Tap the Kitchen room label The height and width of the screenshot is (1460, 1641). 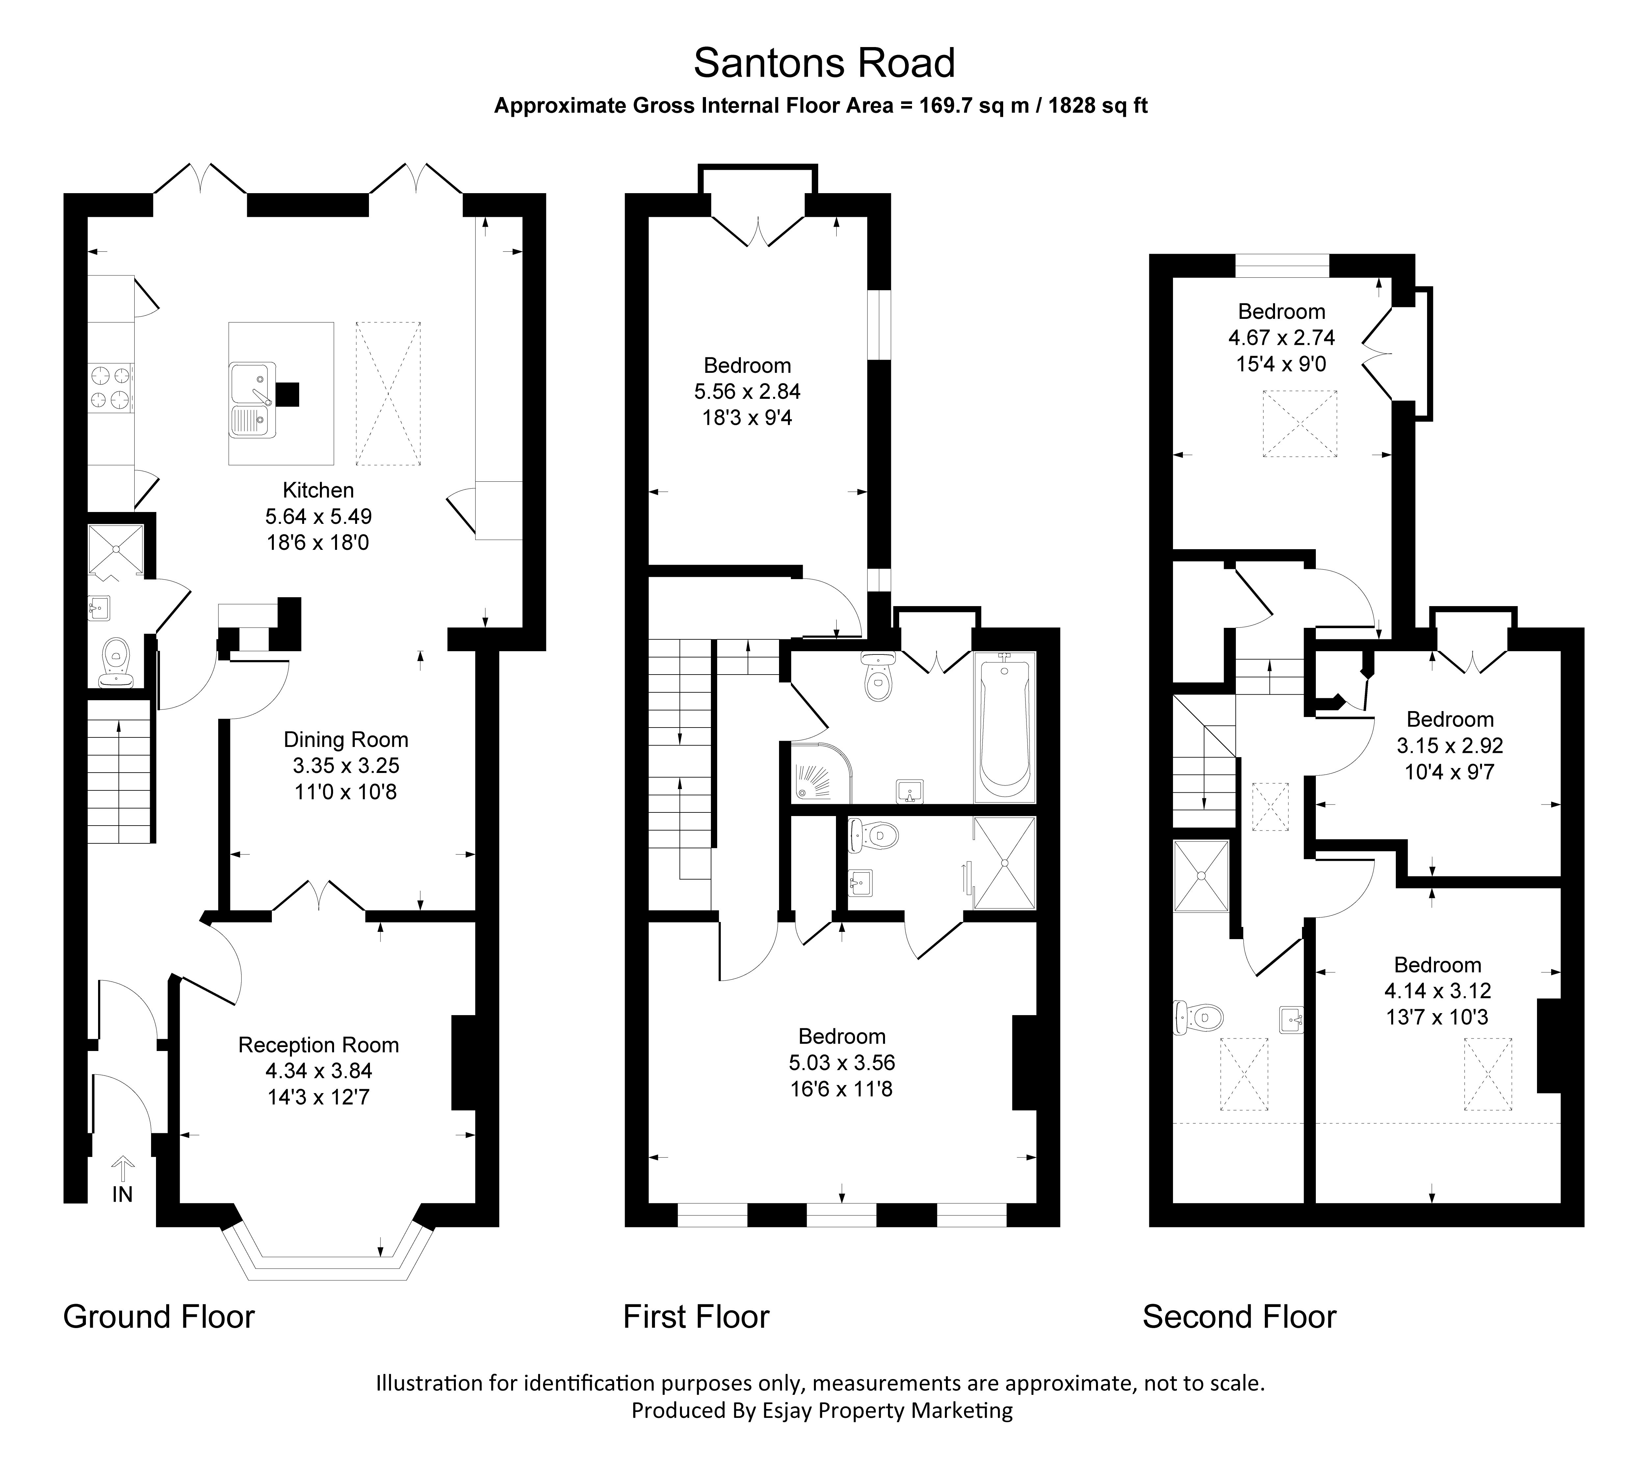click(318, 490)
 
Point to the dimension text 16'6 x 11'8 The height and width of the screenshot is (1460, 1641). click(841, 1089)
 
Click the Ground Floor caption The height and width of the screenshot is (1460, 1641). click(159, 1317)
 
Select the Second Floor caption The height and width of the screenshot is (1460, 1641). click(1239, 1317)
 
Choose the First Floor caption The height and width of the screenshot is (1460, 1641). click(696, 1317)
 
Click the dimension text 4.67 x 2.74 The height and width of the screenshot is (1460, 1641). click(1281, 338)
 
